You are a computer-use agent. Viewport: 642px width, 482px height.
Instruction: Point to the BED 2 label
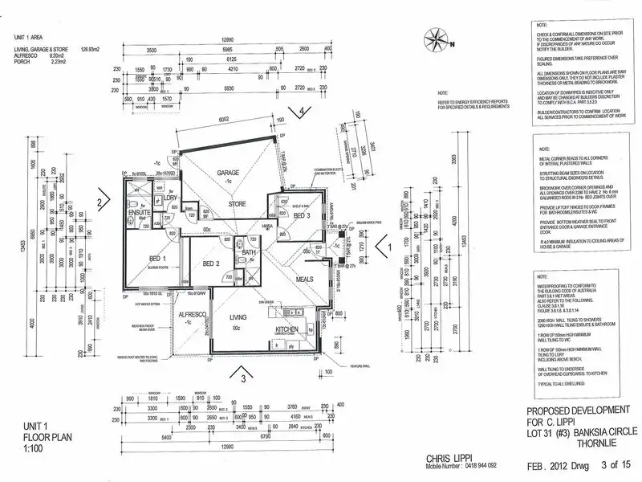coord(211,263)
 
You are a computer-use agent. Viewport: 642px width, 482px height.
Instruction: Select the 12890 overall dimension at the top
coord(231,38)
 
